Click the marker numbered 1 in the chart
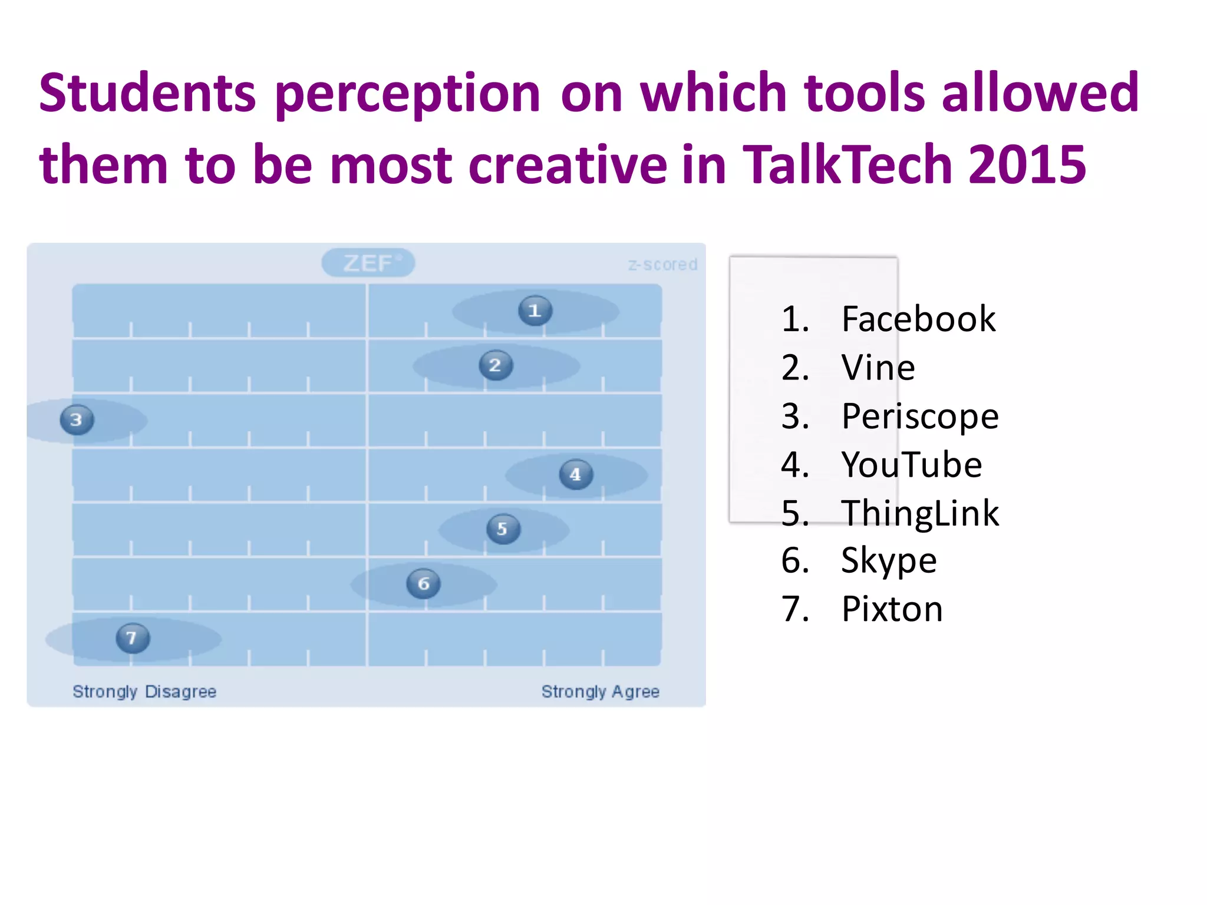[535, 311]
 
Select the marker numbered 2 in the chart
[496, 365]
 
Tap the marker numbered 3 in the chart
[77, 420]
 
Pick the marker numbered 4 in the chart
[576, 474]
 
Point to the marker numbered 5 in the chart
[503, 529]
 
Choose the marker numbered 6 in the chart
[423, 584]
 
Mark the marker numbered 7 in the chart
[133, 638]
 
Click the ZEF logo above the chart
[368, 263]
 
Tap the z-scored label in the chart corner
[662, 265]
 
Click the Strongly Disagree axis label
[144, 691]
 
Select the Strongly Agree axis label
[600, 691]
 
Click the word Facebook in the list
[918, 319]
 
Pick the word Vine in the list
[878, 368]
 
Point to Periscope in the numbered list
[920, 417]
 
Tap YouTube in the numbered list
[912, 465]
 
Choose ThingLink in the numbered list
[920, 513]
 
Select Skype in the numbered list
[889, 561]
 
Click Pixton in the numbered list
[892, 609]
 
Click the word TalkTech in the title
[847, 164]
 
